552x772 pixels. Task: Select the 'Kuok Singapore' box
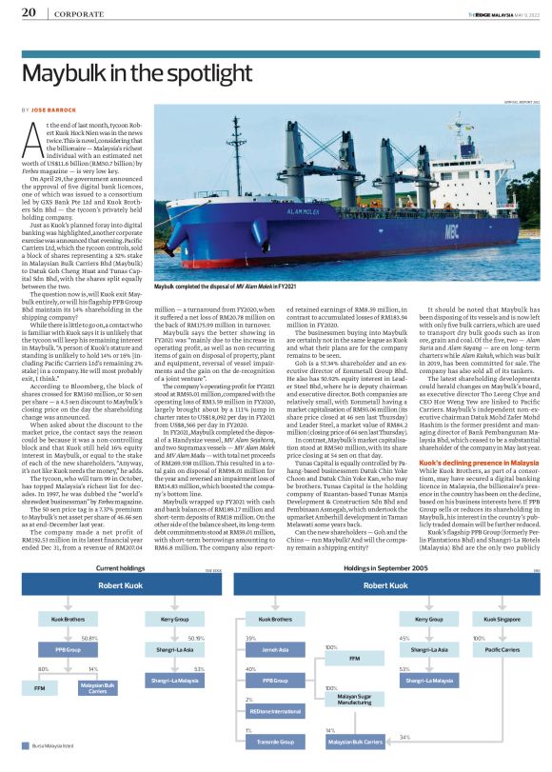[x=494, y=619]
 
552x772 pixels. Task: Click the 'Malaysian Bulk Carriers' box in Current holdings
[x=99, y=687]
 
